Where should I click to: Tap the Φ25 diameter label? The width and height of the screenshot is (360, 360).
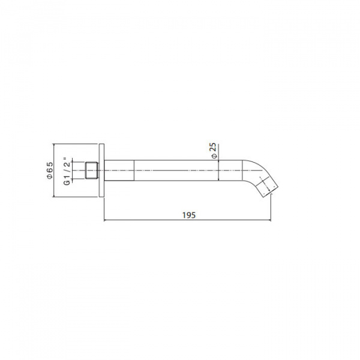214,150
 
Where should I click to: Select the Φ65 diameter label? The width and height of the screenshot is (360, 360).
50,170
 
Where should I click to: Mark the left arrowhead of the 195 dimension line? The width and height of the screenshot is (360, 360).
106,220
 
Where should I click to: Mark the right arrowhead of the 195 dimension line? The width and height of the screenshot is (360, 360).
271,220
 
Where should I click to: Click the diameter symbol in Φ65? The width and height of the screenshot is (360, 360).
50,177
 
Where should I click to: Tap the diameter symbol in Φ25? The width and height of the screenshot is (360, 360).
214,155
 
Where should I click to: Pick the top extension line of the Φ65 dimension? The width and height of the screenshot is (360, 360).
75,145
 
